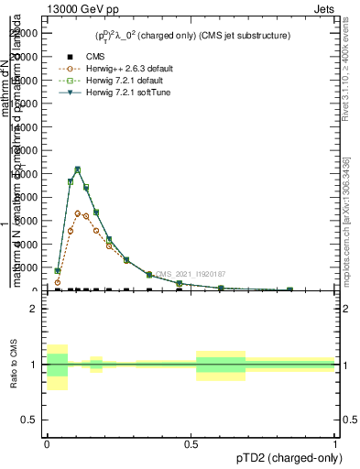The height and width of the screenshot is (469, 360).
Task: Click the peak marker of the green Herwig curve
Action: [x=78, y=169]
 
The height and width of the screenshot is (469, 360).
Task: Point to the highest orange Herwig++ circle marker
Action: [x=78, y=213]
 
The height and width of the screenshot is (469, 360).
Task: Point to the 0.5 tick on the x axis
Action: [x=191, y=442]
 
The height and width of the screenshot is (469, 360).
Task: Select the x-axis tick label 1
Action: [x=336, y=442]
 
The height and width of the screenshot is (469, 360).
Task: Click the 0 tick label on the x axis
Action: [x=47, y=442]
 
